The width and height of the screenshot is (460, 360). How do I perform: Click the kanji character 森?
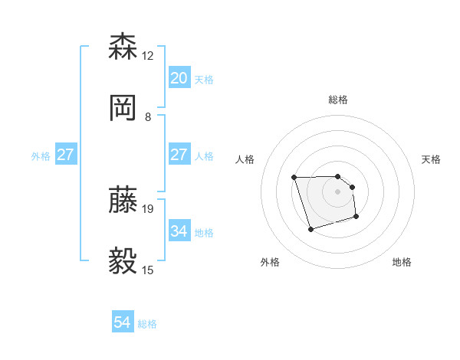[123, 47]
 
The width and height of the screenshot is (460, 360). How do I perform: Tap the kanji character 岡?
[123, 108]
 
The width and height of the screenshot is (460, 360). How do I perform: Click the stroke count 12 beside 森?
[148, 56]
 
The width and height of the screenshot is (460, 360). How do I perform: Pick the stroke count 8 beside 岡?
[148, 117]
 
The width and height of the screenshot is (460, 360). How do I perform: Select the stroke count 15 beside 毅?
[148, 270]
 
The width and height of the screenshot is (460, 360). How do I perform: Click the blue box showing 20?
[179, 78]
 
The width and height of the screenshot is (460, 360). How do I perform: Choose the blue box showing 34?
[179, 231]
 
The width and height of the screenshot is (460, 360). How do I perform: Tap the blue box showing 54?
[123, 322]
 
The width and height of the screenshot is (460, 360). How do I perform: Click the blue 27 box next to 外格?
[66, 155]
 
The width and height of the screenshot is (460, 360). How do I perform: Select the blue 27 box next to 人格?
[179, 155]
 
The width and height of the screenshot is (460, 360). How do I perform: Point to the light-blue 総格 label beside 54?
[147, 324]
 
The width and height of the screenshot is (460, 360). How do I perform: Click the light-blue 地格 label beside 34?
[204, 232]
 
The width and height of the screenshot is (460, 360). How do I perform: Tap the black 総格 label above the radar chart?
[338, 100]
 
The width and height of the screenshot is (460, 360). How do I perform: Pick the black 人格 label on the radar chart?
[245, 159]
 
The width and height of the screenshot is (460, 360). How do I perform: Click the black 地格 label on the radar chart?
[402, 262]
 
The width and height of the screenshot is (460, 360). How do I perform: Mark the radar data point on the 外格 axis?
[310, 229]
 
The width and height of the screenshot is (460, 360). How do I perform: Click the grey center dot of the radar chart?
[338, 191]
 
